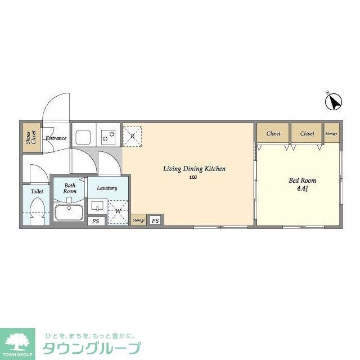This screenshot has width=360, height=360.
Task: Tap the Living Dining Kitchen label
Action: click(x=194, y=168)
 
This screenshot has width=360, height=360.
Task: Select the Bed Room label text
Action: click(x=302, y=181)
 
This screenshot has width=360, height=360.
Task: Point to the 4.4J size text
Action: click(x=303, y=188)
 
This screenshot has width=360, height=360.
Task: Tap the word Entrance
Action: click(x=56, y=138)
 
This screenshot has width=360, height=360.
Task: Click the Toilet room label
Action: click(x=37, y=191)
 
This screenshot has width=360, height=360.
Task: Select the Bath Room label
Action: click(x=69, y=188)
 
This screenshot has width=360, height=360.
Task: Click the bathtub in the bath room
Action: click(x=69, y=213)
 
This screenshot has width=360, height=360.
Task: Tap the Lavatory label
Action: click(x=106, y=188)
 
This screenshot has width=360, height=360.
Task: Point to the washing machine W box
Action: click(x=118, y=211)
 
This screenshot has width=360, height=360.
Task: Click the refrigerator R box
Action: click(x=132, y=136)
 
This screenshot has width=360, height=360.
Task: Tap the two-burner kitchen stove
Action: click(x=109, y=136)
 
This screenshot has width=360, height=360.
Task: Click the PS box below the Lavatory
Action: click(x=96, y=221)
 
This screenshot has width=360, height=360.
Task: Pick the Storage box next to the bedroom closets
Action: click(x=331, y=133)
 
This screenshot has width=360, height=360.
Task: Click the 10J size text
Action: click(x=192, y=178)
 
